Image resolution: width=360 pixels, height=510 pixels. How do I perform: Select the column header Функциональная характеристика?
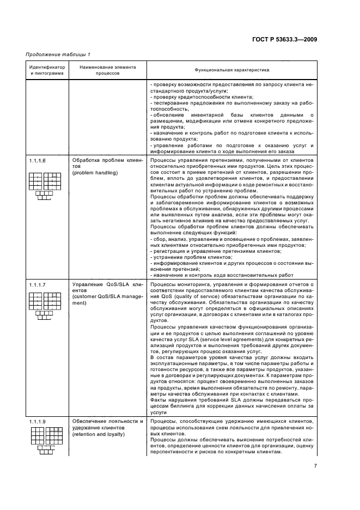[x=231, y=70]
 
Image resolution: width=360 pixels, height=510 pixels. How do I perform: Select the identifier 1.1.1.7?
[x=38, y=284]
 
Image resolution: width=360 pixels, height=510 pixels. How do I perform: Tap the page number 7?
[x=315, y=466]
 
